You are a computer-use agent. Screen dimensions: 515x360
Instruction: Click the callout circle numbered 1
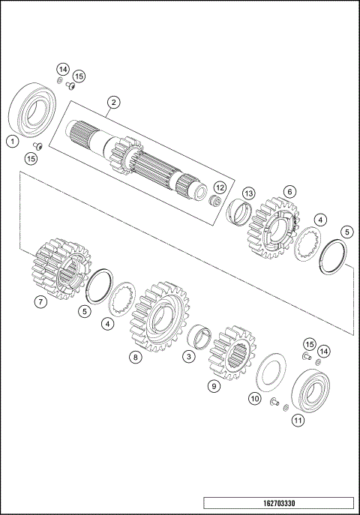pyautogui.click(x=11, y=140)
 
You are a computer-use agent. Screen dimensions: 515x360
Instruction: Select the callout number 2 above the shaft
pyautogui.click(x=113, y=101)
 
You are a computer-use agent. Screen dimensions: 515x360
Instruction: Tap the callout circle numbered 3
pyautogui.click(x=189, y=357)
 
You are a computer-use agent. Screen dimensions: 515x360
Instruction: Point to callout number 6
pyautogui.click(x=289, y=192)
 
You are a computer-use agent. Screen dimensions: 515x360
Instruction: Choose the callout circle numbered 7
pyautogui.click(x=41, y=302)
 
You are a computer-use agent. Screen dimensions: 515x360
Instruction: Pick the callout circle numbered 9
pyautogui.click(x=214, y=387)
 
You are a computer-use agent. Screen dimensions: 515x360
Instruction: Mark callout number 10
pyautogui.click(x=255, y=398)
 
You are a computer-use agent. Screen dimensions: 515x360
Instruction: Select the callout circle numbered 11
pyautogui.click(x=298, y=421)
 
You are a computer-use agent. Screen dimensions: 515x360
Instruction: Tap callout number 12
pyautogui.click(x=220, y=187)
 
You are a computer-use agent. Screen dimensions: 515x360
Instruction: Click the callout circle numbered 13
pyautogui.click(x=248, y=193)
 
